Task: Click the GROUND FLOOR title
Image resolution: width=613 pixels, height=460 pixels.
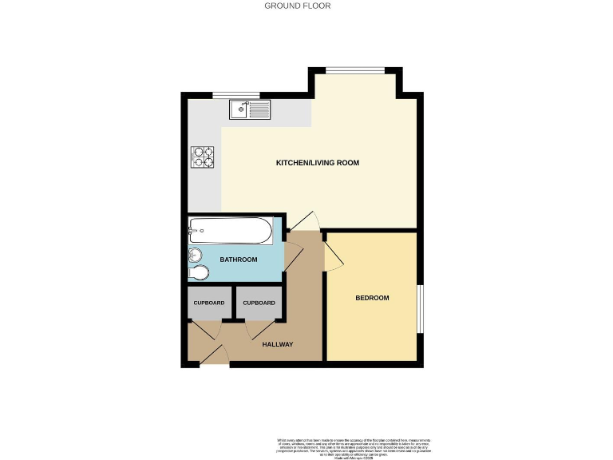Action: (298, 6)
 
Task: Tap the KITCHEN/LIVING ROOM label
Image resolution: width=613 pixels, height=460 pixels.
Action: (318, 163)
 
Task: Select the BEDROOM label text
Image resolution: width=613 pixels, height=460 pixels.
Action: (372, 298)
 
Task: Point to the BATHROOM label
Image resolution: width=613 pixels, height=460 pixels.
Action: (239, 260)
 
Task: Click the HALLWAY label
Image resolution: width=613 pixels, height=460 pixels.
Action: (278, 345)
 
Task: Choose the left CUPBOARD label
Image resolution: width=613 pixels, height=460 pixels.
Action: (209, 303)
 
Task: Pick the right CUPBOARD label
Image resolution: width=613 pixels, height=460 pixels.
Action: (259, 303)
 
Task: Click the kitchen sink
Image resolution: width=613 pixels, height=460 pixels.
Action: (251, 108)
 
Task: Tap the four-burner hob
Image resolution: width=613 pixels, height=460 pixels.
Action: (203, 157)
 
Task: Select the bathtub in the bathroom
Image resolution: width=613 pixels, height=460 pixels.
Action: (230, 231)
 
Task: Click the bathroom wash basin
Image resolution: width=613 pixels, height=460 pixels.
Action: (196, 256)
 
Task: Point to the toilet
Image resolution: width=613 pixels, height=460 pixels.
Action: (199, 274)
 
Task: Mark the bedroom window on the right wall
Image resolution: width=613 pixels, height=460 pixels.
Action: (421, 304)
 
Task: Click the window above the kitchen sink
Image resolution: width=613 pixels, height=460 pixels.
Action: (231, 96)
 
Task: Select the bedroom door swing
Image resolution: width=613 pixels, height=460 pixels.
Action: (331, 252)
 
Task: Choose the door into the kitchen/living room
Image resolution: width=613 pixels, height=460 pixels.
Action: (303, 224)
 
